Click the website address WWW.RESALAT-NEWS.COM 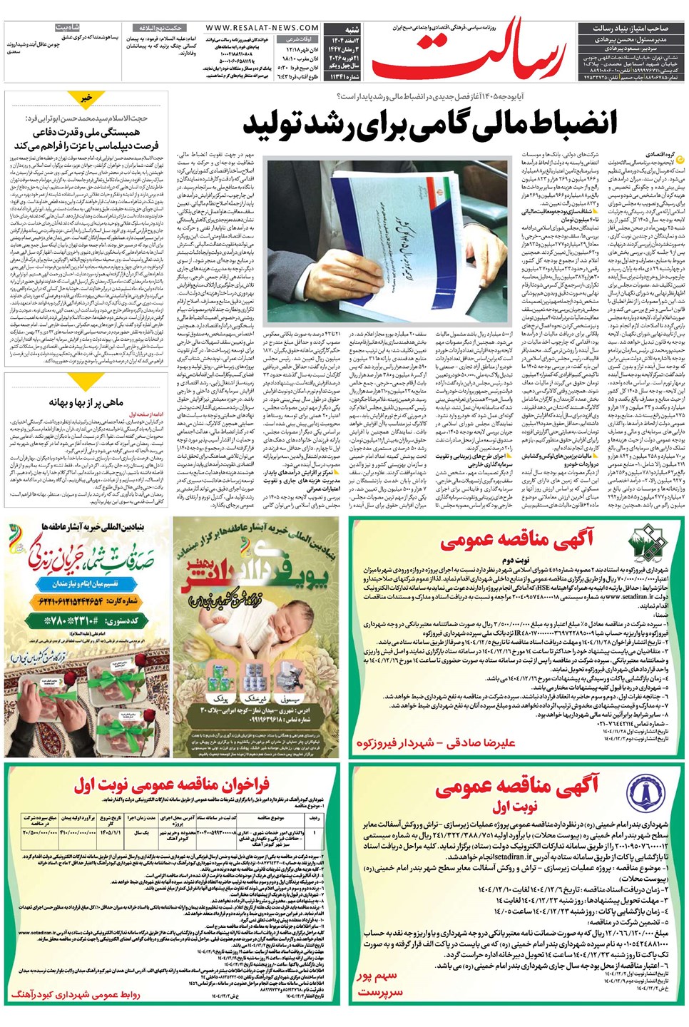[x=262, y=28]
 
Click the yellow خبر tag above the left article [x=86, y=98]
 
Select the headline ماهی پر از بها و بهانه [x=86, y=402]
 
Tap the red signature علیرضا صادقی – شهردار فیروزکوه [x=436, y=743]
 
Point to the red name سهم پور [x=377, y=976]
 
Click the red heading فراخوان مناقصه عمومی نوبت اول [x=172, y=785]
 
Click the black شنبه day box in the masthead [x=352, y=29]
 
